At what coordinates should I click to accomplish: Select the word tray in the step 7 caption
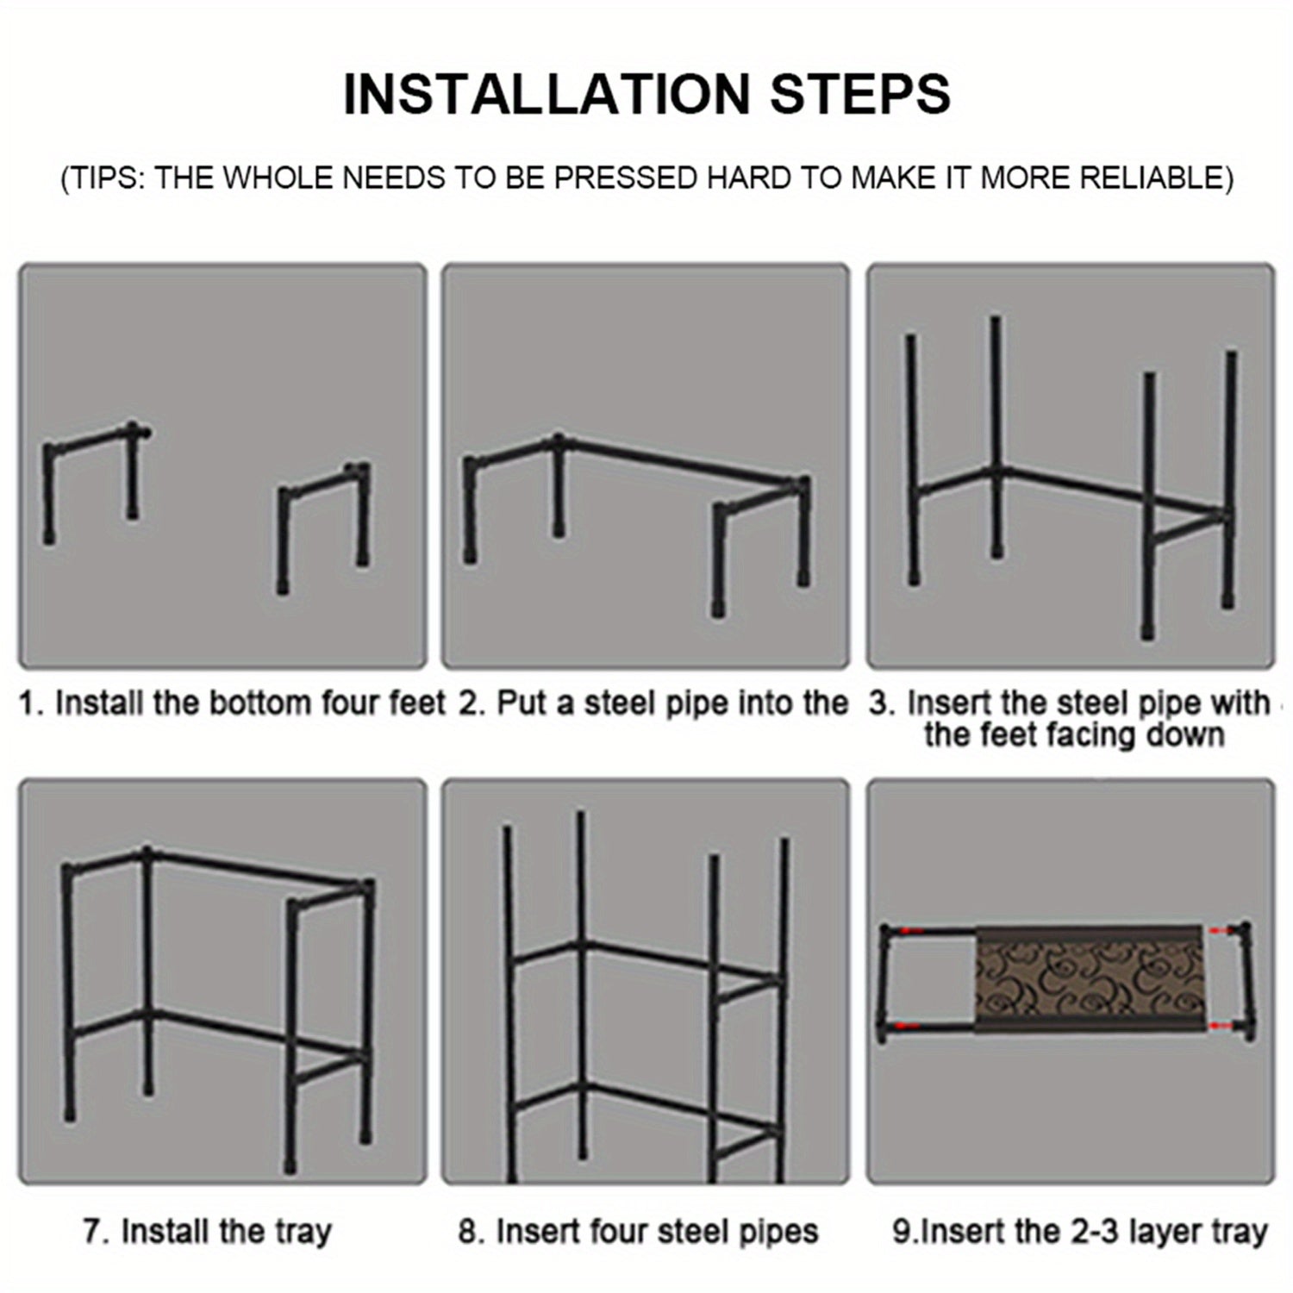pos(302,1232)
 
